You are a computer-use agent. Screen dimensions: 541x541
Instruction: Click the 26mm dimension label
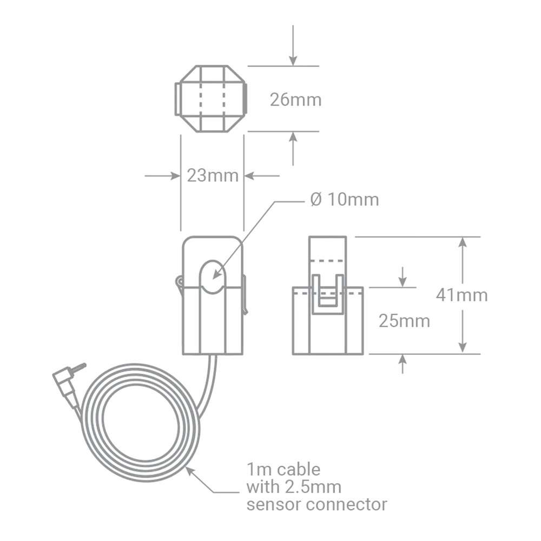(295, 100)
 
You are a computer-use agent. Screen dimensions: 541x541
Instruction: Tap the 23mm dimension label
(212, 176)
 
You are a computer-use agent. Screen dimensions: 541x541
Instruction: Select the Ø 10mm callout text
(345, 200)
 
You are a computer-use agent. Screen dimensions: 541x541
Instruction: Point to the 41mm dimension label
(461, 295)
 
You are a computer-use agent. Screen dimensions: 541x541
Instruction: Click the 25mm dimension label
(404, 321)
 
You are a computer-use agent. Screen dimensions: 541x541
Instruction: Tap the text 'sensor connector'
(316, 505)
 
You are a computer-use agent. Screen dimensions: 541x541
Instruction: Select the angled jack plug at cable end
(66, 382)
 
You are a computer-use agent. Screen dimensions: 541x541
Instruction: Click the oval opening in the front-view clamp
(212, 276)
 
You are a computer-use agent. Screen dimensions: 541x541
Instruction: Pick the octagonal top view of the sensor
(211, 99)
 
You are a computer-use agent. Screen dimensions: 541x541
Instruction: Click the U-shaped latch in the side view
(329, 294)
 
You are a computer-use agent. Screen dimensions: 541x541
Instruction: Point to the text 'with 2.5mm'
(294, 487)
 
